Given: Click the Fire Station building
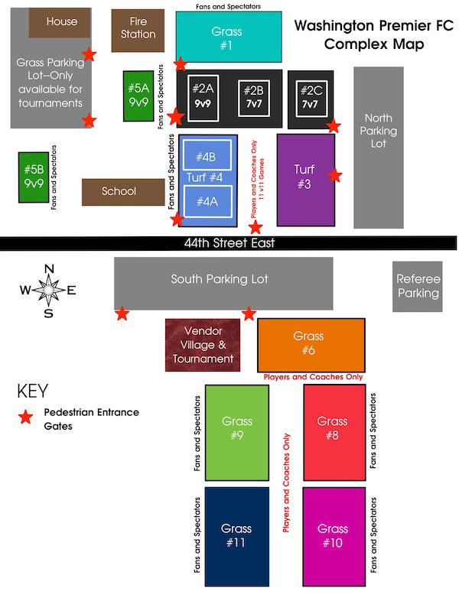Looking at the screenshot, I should tap(138, 30).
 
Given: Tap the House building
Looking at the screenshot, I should tap(61, 21).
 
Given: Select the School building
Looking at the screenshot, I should tap(119, 192).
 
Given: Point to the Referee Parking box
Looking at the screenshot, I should tap(418, 286).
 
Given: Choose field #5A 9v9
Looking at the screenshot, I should tap(138, 96).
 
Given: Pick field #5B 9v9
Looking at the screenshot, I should tap(33, 177).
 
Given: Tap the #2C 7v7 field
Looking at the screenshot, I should tap(311, 97).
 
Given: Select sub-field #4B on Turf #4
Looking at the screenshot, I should tap(207, 157).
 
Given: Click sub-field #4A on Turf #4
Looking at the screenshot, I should tap(207, 202).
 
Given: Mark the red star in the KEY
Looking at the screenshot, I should tap(26, 418).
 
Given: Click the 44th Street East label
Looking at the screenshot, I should tap(229, 243).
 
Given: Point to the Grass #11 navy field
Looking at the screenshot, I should tap(236, 535).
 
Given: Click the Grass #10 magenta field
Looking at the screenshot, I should tap(333, 535).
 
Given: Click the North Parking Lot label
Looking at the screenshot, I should tap(378, 131).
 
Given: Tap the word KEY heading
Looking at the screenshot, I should tap(32, 391).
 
